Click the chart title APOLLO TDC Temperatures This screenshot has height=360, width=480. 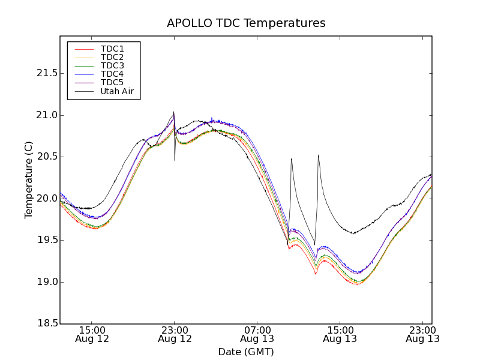[246, 23]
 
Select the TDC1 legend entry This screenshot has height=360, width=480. [112, 49]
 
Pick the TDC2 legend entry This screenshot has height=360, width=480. [112, 57]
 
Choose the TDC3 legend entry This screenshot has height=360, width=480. [112, 65]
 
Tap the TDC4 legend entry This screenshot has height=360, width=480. [112, 74]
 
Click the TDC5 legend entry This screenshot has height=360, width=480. [112, 83]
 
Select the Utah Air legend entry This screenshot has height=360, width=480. [117, 92]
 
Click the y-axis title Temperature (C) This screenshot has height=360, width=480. [29, 180]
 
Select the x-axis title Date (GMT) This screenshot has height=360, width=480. [246, 352]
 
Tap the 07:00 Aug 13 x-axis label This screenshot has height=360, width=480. [257, 334]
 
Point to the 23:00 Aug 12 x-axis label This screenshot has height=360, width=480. [175, 334]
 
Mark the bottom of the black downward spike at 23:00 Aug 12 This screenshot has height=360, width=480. [175, 160]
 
